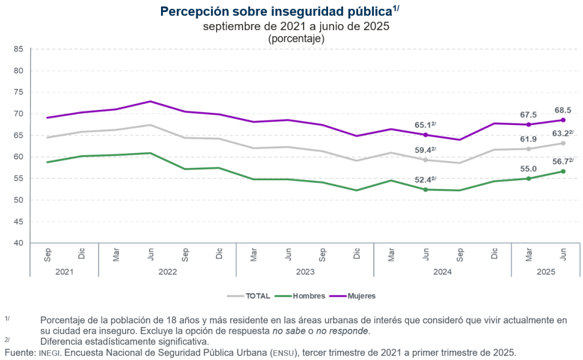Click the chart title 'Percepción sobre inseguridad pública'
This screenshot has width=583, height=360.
(276, 11)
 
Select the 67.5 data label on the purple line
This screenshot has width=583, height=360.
(528, 115)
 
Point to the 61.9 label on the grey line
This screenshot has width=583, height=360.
(528, 139)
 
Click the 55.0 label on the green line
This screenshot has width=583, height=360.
(528, 169)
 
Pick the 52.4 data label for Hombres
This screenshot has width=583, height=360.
(424, 180)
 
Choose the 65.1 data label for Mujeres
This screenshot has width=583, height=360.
(424, 125)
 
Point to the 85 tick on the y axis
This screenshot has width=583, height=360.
(19, 49)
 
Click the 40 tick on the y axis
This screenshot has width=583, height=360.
(19, 243)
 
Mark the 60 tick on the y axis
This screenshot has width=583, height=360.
(19, 157)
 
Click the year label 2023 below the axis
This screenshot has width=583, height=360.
(305, 270)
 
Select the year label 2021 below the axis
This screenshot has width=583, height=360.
(64, 270)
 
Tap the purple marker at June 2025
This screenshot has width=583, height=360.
(563, 120)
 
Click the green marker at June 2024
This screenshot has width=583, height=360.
(425, 190)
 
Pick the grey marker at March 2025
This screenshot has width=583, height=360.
(528, 149)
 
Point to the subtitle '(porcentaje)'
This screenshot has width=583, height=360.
(296, 39)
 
